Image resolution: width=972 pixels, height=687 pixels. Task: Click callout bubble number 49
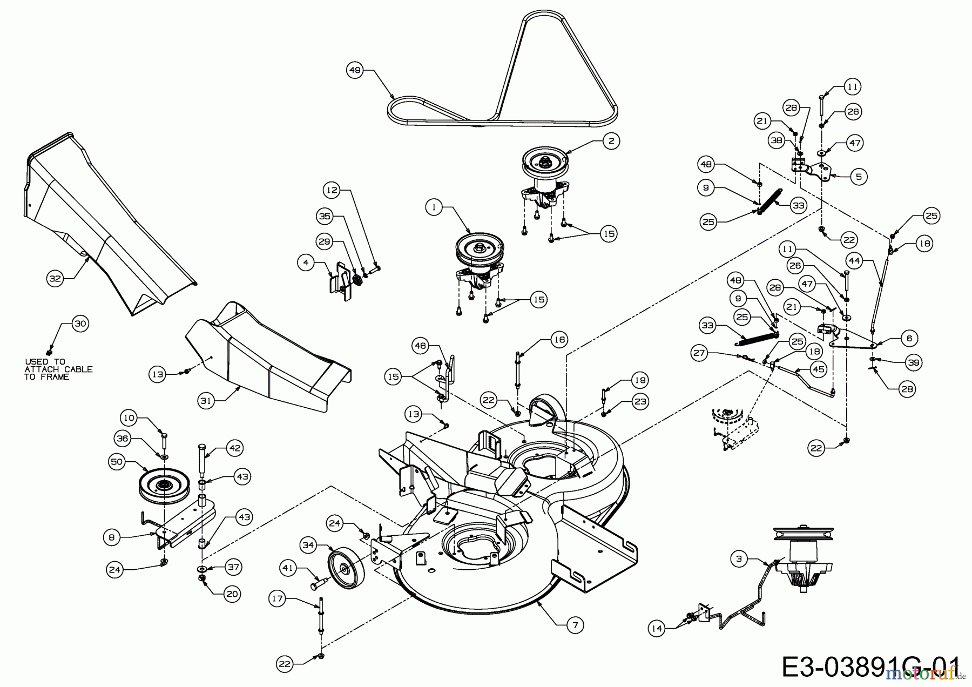[354, 70]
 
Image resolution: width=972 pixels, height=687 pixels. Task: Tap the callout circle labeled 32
[55, 279]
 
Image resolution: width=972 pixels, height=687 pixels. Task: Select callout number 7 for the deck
[575, 625]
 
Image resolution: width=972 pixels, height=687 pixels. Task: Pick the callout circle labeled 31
[206, 401]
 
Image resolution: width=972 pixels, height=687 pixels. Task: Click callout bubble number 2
[611, 142]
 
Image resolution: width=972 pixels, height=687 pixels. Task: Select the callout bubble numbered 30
[80, 324]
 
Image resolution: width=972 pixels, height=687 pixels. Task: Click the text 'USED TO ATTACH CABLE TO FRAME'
[58, 369]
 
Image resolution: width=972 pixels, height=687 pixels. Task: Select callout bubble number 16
[559, 339]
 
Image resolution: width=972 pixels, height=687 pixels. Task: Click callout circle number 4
[306, 263]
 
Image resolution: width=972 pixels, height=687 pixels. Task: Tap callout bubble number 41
[288, 568]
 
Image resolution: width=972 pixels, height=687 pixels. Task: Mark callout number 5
[859, 176]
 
